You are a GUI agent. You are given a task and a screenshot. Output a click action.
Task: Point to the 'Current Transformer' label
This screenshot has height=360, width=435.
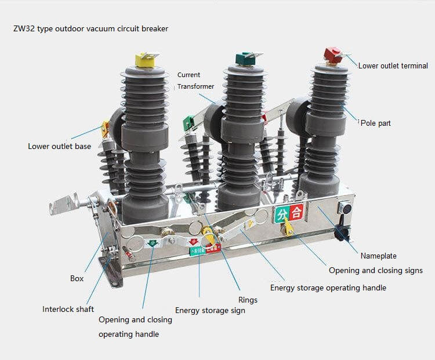(x=195, y=81)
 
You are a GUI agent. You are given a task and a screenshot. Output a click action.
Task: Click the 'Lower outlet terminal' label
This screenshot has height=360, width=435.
(x=393, y=66)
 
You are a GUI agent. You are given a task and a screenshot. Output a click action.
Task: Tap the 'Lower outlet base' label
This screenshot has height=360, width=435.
(x=59, y=146)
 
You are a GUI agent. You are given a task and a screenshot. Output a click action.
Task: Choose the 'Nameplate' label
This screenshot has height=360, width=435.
(x=379, y=256)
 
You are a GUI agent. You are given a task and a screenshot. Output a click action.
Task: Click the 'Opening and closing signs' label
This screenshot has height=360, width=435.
(x=375, y=270)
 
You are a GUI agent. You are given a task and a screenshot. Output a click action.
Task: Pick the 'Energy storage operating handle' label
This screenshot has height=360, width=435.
(x=328, y=288)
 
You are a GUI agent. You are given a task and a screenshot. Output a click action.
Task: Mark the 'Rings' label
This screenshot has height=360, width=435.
(x=248, y=300)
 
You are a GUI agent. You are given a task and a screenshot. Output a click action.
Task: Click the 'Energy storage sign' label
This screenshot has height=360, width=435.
(x=210, y=310)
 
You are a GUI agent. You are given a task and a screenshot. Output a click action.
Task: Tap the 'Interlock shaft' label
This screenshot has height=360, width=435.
(x=68, y=309)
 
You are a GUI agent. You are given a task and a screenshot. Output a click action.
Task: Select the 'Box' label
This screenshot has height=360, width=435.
(x=77, y=278)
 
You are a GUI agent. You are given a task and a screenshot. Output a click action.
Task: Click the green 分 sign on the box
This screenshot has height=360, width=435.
(x=282, y=213)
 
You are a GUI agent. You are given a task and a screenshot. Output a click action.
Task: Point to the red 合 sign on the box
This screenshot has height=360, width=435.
(x=296, y=213)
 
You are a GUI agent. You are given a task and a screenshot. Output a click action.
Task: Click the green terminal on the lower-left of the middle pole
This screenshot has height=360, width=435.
(x=188, y=123)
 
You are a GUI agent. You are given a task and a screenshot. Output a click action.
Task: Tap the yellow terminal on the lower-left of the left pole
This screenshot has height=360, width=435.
(x=106, y=128)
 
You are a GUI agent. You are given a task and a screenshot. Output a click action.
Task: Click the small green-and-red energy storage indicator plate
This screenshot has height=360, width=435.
(x=206, y=250)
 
